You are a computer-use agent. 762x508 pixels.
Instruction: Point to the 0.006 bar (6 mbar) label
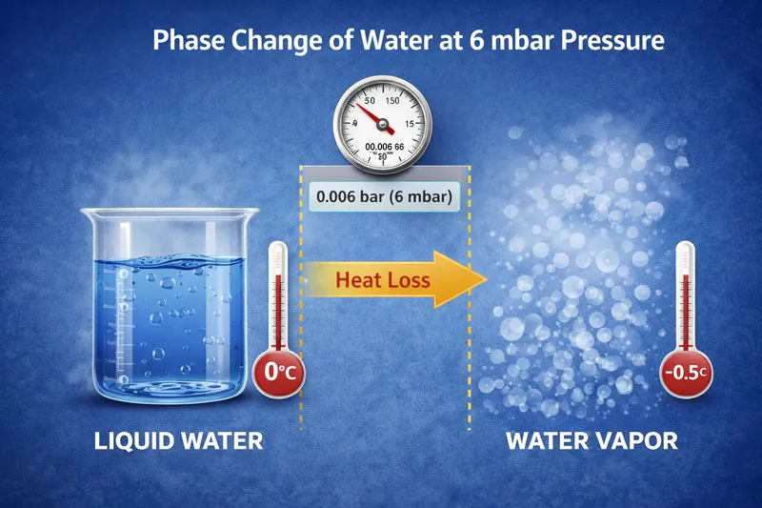[x=385, y=199]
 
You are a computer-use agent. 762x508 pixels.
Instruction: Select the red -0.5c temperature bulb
[x=686, y=372]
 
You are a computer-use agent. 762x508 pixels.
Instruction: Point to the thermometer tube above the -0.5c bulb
[x=686, y=291]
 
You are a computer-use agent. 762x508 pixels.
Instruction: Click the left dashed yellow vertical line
[x=302, y=305]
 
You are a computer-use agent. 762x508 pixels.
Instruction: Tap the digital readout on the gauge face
[x=382, y=146]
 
